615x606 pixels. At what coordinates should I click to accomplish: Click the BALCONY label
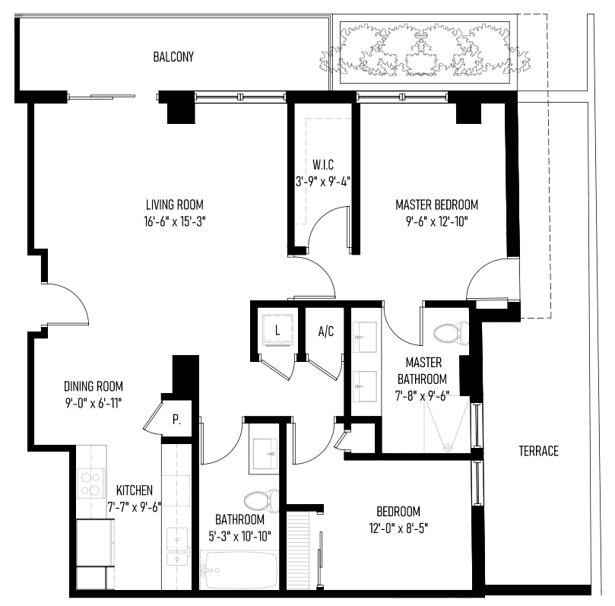tap(173, 57)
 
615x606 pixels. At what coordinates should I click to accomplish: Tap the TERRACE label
tap(538, 451)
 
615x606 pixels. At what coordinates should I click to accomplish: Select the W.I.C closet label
tap(323, 165)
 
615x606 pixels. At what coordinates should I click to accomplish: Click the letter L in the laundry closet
tap(277, 331)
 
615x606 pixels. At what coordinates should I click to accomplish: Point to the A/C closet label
tap(326, 332)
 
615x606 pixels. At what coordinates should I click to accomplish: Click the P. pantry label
tap(176, 420)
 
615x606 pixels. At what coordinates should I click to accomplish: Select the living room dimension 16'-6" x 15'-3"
tap(175, 221)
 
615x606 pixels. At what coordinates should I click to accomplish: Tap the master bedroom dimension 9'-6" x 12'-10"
tap(436, 221)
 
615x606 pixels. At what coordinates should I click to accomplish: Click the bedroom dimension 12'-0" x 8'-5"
tap(398, 528)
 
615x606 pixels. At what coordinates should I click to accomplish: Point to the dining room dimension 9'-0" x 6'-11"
tap(94, 403)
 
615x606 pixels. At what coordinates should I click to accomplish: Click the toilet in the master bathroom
tap(452, 333)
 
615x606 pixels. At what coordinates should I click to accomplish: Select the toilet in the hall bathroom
tap(262, 501)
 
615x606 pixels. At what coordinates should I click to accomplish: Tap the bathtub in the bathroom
tap(239, 570)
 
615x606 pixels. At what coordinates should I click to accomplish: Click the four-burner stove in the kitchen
tap(91, 484)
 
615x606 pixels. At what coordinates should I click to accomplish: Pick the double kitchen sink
tap(177, 547)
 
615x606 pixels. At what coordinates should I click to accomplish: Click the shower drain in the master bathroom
tap(447, 447)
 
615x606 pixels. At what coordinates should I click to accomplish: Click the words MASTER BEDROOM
tap(436, 205)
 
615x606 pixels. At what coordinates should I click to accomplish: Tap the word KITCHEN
tap(135, 490)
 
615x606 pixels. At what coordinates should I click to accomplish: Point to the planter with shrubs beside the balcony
tap(425, 52)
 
